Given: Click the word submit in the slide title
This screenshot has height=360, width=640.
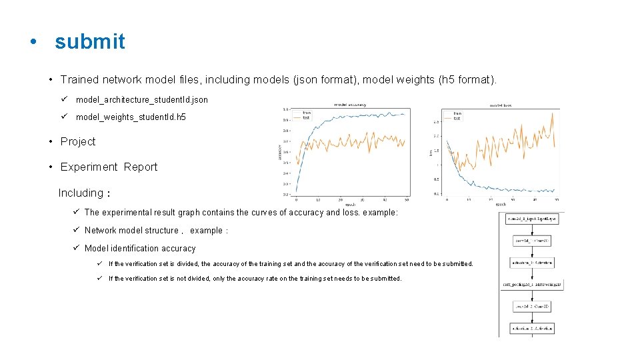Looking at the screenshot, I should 89,41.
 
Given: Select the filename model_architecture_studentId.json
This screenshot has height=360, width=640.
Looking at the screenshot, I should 141,99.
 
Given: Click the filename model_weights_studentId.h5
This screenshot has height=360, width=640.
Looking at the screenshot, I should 131,117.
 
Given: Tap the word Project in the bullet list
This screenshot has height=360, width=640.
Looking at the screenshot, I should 77,141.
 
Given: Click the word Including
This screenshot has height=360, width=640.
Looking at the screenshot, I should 81,193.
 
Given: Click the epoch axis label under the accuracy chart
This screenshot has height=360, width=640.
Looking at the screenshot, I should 350,203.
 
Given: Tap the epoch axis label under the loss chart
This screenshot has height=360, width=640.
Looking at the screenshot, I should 501,204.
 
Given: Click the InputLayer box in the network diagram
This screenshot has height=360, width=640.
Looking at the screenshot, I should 531,219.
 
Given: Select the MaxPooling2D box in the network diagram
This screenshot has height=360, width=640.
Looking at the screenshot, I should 531,285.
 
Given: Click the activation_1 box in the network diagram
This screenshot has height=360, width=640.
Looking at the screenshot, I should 531,263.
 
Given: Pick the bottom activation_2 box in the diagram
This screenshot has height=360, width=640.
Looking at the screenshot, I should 531,329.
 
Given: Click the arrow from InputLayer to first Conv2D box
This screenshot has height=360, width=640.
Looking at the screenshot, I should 531,229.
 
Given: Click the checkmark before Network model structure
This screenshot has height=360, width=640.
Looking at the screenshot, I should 77,230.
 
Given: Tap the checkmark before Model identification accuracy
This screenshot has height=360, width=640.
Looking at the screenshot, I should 77,248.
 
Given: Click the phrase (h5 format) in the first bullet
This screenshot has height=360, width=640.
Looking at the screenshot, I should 467,79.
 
